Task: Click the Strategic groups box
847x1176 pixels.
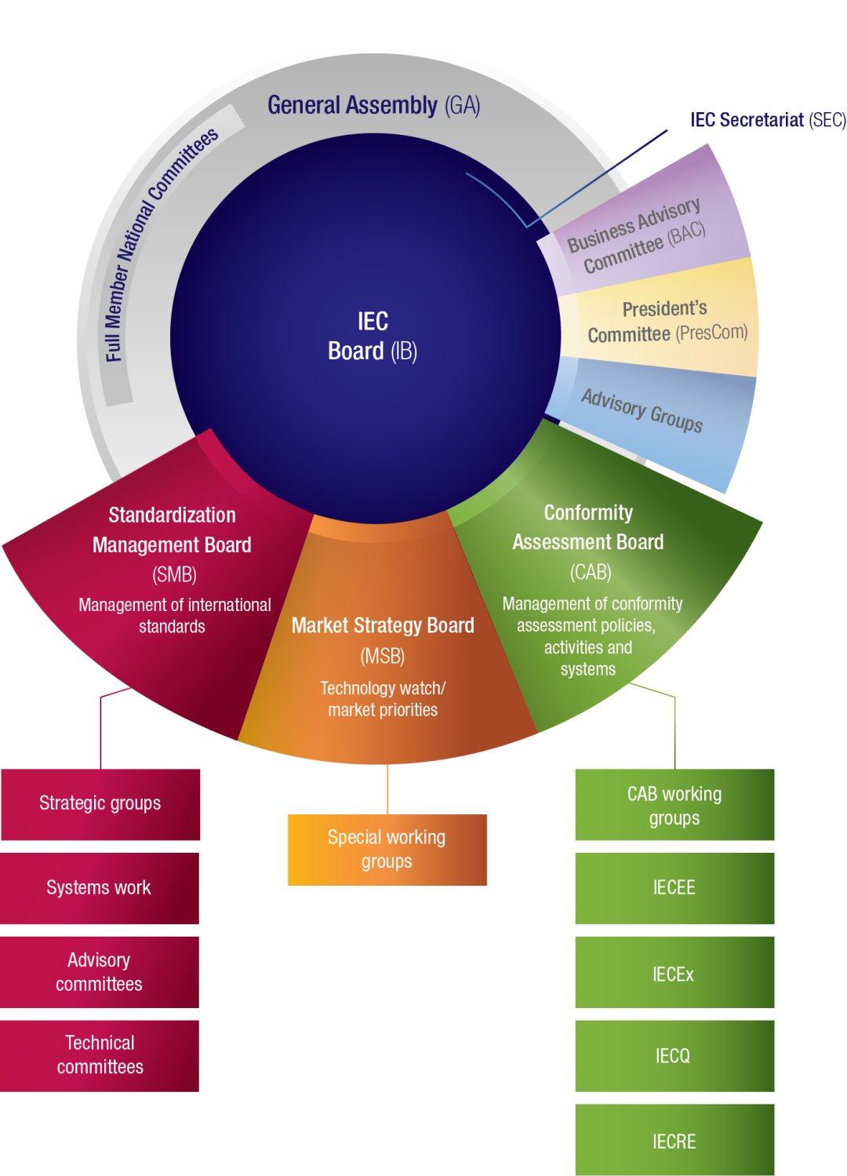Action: pos(100,803)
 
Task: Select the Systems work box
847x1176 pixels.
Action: pos(99,887)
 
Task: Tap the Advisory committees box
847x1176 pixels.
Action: pos(99,972)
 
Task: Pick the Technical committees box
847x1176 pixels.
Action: pos(100,1055)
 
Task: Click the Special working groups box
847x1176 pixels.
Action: pos(387,850)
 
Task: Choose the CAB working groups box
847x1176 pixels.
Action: pos(674,805)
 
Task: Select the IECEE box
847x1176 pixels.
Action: pos(674,887)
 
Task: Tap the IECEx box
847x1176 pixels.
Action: pos(674,974)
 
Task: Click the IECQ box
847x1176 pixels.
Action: pos(674,1056)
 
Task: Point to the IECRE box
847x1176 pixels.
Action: pos(674,1141)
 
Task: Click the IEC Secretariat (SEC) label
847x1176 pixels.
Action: pos(768,120)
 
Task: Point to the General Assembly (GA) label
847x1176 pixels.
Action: pos(373,105)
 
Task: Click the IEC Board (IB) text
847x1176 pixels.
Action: pos(373,336)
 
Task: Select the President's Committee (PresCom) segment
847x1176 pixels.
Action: pos(666,322)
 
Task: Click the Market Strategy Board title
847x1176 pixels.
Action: pos(383,625)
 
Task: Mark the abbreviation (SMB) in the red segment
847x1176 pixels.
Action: pos(174,575)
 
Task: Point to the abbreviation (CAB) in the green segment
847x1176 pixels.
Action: pos(591,573)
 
